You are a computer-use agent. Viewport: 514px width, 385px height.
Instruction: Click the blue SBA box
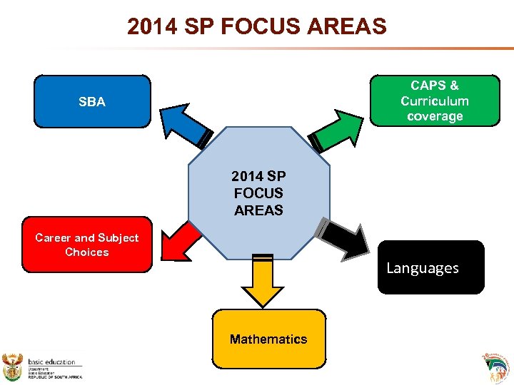pyautogui.click(x=92, y=101)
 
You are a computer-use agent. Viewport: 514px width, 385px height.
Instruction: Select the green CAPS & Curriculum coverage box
pyautogui.click(x=434, y=101)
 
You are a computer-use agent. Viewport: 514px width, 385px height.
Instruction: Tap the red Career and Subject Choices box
pyautogui.click(x=86, y=245)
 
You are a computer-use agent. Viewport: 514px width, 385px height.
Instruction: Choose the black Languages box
pyautogui.click(x=430, y=268)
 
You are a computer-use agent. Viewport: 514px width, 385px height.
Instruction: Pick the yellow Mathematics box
pyautogui.click(x=268, y=339)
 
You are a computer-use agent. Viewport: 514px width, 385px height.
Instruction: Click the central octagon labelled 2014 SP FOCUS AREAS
pyautogui.click(x=258, y=192)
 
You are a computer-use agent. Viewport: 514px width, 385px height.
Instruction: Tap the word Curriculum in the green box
pyautogui.click(x=434, y=101)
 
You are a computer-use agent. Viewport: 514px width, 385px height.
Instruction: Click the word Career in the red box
pyautogui.click(x=53, y=237)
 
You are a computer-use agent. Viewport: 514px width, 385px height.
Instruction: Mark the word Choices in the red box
pyautogui.click(x=86, y=252)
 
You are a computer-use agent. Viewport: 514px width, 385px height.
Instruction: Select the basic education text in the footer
pyautogui.click(x=51, y=362)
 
